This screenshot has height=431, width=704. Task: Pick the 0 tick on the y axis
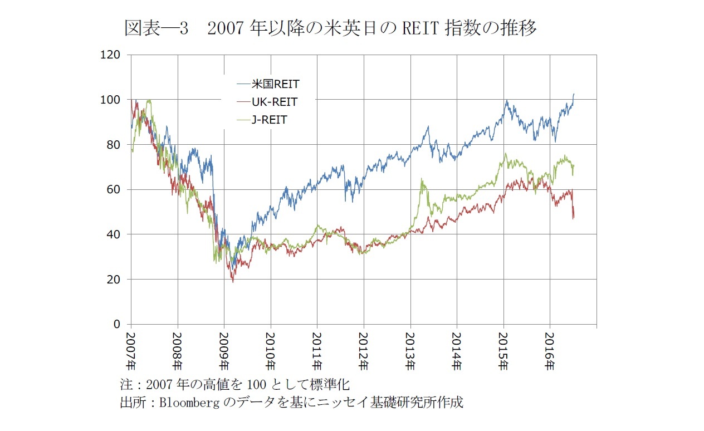click(x=117, y=324)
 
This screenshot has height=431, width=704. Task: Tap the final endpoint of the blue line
click(x=574, y=94)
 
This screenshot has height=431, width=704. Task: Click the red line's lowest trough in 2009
click(x=233, y=282)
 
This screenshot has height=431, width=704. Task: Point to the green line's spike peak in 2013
click(x=422, y=179)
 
